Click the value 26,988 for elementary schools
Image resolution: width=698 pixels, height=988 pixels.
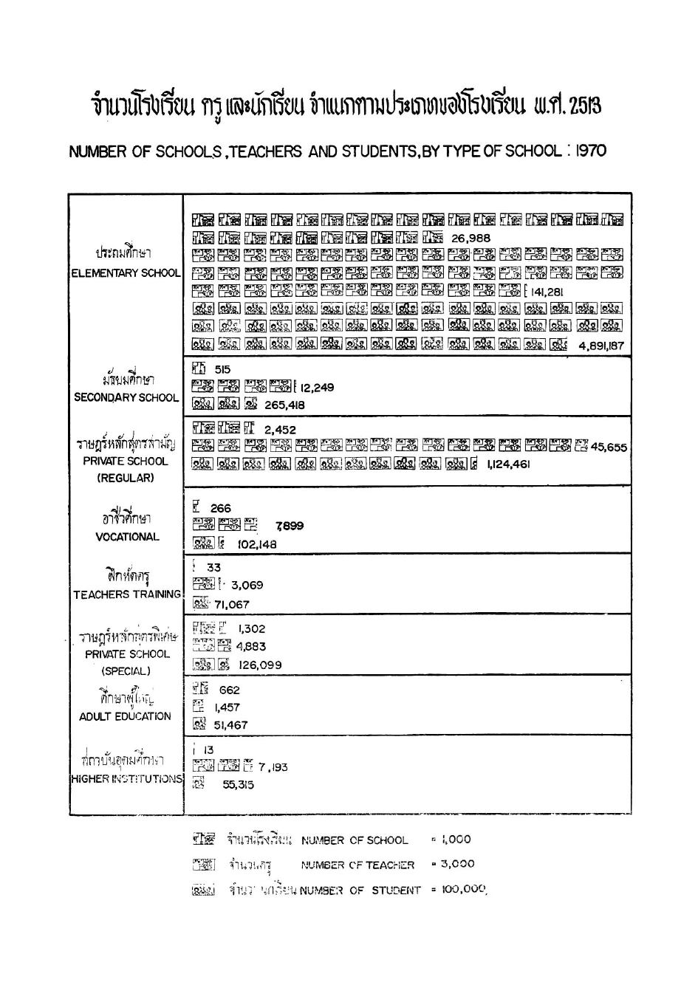471,238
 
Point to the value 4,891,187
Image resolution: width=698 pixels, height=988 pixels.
601,346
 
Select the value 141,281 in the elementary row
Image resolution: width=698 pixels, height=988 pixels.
547,292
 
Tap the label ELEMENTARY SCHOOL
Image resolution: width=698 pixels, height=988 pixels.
126,273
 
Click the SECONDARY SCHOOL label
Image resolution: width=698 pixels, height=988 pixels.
126,397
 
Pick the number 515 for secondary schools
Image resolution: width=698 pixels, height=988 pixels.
221,369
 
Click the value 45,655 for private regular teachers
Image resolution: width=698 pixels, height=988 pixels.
609,447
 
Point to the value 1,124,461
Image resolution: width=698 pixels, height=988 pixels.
508,464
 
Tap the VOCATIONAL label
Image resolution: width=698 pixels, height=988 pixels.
127,537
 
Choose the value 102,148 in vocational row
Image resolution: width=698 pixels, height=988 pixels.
257,544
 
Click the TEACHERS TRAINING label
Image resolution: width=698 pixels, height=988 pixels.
126,594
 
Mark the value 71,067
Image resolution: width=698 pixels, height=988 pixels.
232,604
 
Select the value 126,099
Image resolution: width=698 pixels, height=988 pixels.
260,665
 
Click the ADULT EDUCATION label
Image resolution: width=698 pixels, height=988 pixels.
125,716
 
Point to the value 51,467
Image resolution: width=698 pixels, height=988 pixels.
230,725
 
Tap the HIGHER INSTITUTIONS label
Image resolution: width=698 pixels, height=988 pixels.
126,779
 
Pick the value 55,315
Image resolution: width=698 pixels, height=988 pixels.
238,785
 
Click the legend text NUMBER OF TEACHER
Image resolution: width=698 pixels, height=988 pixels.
357,865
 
